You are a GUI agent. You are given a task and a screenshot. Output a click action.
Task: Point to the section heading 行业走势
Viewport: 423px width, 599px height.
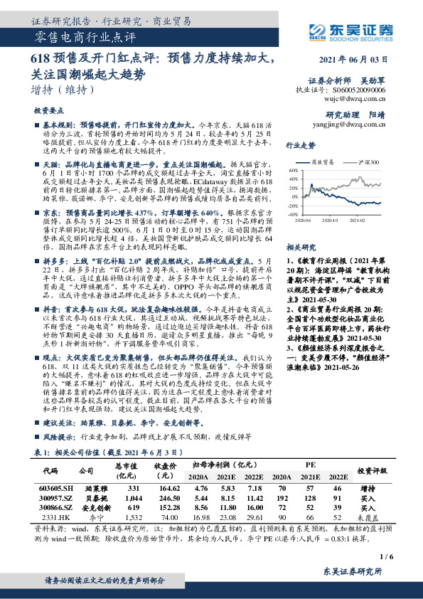[x=301, y=145]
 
